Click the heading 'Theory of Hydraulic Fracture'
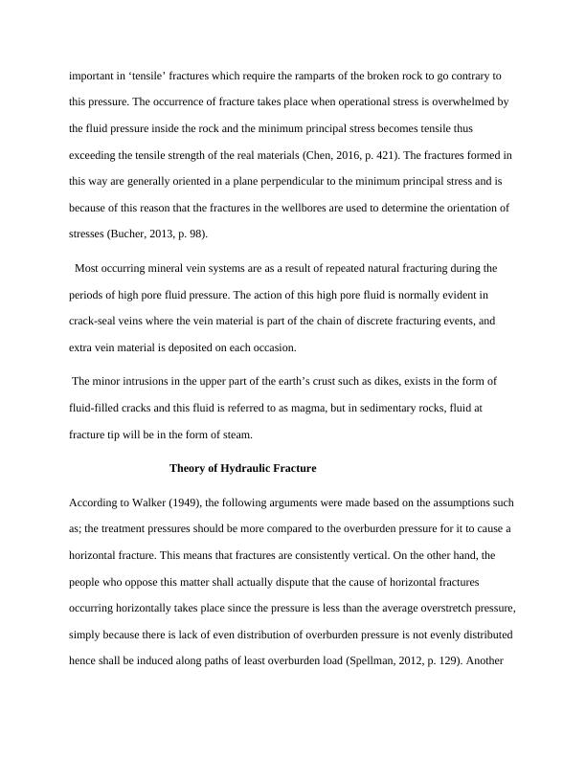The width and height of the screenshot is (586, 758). pos(242,469)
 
